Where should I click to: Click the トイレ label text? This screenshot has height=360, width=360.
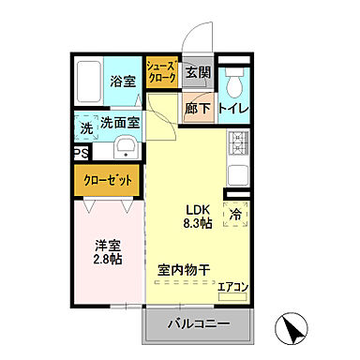232,108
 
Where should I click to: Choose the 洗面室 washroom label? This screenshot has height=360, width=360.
121,121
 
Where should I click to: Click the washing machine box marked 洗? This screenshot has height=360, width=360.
85,127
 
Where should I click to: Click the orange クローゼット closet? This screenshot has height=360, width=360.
108,179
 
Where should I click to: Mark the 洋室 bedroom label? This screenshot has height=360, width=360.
106,246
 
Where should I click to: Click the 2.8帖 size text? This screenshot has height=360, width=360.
106,261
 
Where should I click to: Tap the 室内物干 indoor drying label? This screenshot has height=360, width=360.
183,270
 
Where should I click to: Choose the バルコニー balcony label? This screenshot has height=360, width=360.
200,324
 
